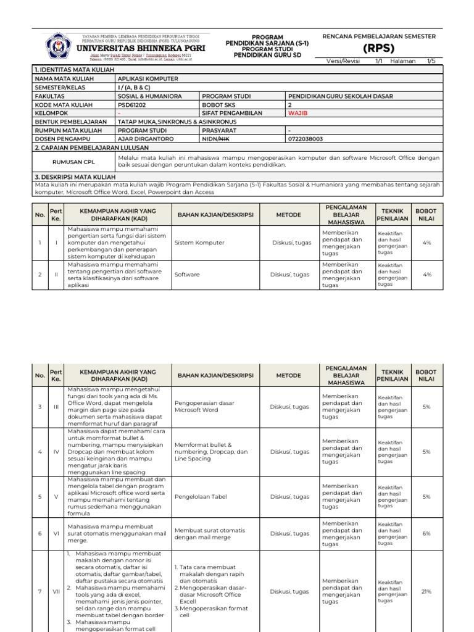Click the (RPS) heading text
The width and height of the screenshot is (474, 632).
pos(378,48)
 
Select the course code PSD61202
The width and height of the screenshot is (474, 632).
pos(133,105)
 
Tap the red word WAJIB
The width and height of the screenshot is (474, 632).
pos(299,114)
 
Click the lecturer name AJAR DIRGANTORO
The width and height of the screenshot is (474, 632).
pos(146,139)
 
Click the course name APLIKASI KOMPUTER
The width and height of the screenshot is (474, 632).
pos(148,79)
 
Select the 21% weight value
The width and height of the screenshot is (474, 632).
pos(425,591)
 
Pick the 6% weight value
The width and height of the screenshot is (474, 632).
pos(425,533)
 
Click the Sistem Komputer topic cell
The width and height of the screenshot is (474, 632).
pos(199,243)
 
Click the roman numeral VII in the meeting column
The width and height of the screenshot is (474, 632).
pos(56,591)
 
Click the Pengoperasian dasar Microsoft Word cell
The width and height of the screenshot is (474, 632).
pos(206,406)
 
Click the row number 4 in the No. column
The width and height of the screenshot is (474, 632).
pos(40,452)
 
